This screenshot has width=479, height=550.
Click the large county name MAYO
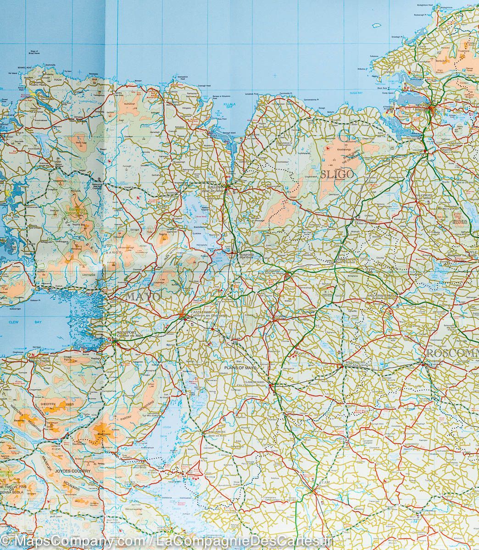coord(143,297)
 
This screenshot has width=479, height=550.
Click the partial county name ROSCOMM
coord(452,353)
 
